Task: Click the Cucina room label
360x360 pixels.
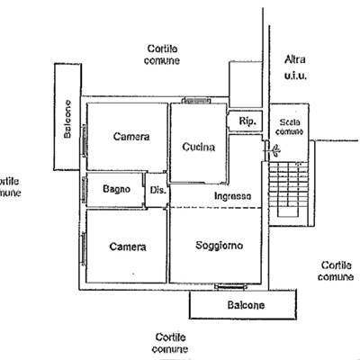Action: click(x=199, y=147)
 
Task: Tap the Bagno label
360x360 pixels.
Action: click(x=116, y=189)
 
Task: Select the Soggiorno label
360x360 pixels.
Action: click(x=220, y=246)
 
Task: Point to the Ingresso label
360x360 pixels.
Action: click(x=233, y=196)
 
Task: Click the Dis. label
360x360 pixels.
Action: click(x=157, y=190)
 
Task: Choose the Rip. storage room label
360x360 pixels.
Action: click(x=247, y=121)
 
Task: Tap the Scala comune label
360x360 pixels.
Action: click(x=289, y=127)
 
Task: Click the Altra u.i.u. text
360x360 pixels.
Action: click(x=295, y=67)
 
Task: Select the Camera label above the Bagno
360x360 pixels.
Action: click(x=131, y=137)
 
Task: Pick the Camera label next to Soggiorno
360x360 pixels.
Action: click(x=128, y=247)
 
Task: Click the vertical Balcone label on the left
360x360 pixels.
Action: click(x=67, y=119)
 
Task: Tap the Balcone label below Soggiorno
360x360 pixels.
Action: click(x=246, y=305)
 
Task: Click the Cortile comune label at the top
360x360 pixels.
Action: click(x=162, y=55)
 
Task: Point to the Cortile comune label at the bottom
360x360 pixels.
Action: click(x=170, y=343)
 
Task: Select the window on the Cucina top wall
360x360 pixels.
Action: click(x=197, y=101)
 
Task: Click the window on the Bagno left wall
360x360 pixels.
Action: click(x=85, y=190)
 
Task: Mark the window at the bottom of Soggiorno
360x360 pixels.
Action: click(x=231, y=287)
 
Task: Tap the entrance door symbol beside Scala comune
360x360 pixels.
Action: click(x=272, y=149)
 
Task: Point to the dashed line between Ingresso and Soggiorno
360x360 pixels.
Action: click(x=216, y=208)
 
